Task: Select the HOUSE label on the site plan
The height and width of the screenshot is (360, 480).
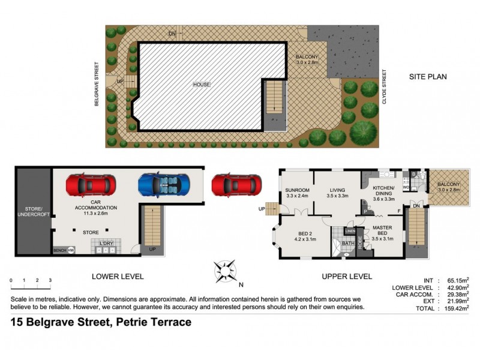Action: click(x=201, y=85)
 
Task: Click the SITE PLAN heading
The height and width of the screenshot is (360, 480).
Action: click(x=428, y=77)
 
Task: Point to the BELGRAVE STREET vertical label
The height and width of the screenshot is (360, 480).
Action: click(x=96, y=83)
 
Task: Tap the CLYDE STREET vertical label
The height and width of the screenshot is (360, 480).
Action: click(x=385, y=88)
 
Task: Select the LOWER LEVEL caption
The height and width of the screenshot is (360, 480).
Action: click(x=118, y=277)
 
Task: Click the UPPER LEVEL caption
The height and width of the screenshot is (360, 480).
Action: click(x=346, y=277)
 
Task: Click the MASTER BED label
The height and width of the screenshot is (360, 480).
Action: click(x=382, y=231)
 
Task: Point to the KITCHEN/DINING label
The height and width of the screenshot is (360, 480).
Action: click(x=382, y=190)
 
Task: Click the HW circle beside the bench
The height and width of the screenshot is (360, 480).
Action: click(x=71, y=250)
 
